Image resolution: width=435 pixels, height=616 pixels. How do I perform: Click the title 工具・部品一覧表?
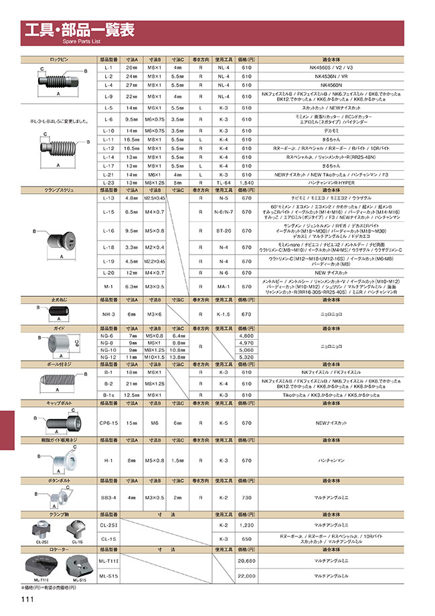click(80, 29)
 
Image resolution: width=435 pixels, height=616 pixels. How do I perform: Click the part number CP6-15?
click(109, 423)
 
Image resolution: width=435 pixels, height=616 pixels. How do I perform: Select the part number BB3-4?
click(109, 498)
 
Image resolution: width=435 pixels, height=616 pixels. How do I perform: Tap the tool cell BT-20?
click(224, 231)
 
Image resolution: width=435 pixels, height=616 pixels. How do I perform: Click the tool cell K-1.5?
click(224, 314)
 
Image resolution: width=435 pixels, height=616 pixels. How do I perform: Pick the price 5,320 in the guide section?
click(246, 357)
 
